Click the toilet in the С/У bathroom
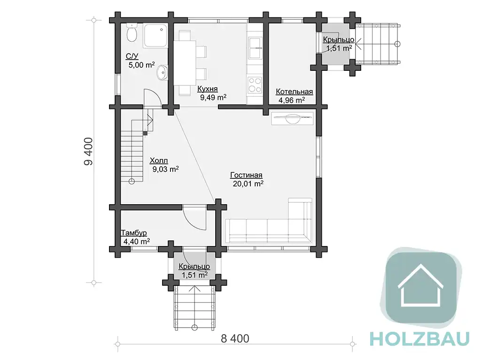132,33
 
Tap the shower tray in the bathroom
156,36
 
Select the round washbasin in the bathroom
162,73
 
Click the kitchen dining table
185,63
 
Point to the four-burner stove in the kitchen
255,85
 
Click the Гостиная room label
246,175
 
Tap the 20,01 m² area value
248,184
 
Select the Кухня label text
207,89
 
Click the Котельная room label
294,92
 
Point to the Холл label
159,161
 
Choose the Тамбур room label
134,233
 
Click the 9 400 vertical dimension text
88,152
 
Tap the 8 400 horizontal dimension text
235,338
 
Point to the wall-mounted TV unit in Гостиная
292,119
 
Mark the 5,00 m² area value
141,65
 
